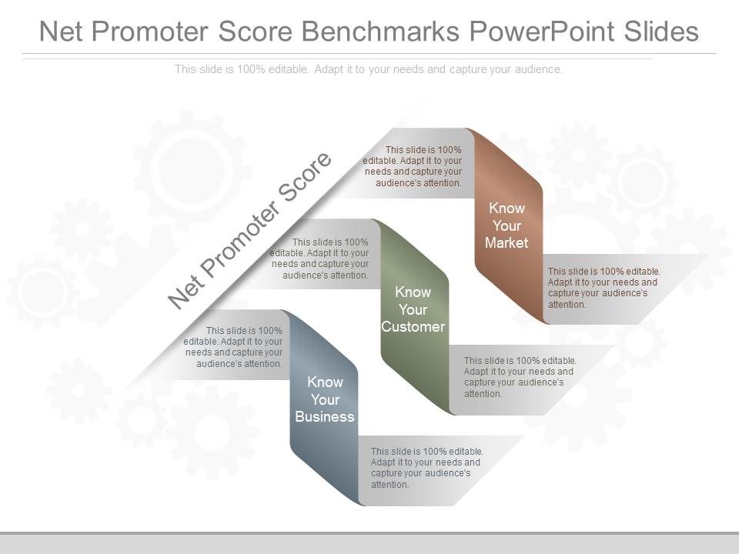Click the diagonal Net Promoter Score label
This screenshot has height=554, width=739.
pos(250,230)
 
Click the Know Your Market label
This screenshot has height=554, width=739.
pos(507,225)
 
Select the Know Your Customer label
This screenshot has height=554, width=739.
pos(413,309)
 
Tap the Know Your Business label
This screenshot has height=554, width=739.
pos(325,399)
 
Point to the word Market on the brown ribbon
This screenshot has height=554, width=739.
pos(507,243)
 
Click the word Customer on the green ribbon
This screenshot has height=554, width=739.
pos(413,327)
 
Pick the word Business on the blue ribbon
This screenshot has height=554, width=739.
pos(325,417)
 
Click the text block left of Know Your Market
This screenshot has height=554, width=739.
pos(413,167)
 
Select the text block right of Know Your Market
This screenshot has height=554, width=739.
pos(604,288)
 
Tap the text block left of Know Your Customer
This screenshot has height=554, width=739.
pos(319,258)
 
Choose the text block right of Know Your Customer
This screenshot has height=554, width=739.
pos(520,377)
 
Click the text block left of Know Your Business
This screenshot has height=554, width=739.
pos(234,347)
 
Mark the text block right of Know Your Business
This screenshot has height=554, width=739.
pos(426,468)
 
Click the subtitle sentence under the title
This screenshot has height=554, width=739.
pos(369,69)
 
